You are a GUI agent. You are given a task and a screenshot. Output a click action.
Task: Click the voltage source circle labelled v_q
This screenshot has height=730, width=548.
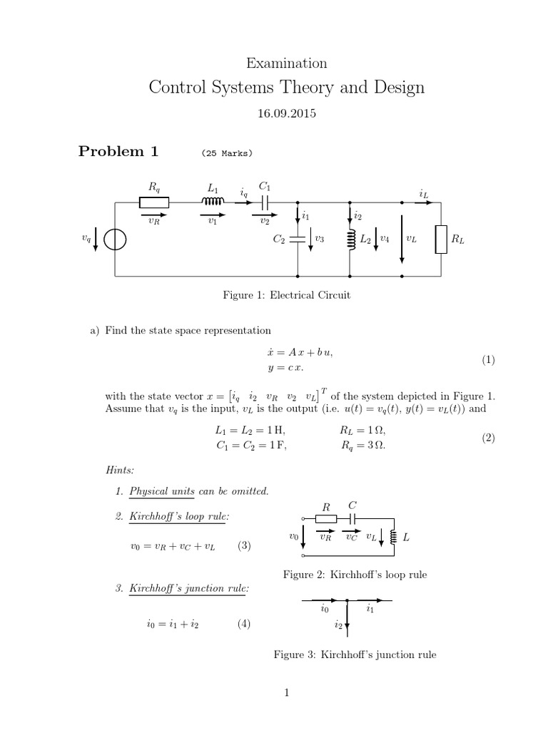tap(115, 240)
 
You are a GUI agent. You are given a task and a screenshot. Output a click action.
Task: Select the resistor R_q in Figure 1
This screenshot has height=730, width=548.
tap(154, 202)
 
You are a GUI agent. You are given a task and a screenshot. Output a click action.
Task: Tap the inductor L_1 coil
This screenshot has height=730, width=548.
tap(213, 202)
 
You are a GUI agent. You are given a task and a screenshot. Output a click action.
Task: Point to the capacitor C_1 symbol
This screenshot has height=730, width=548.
tap(265, 202)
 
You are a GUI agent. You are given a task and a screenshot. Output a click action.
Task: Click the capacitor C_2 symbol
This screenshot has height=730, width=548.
tap(298, 240)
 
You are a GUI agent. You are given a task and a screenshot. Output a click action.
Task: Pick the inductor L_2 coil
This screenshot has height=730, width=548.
tap(350, 240)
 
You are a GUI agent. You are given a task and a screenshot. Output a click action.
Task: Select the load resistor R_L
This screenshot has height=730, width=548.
tap(442, 240)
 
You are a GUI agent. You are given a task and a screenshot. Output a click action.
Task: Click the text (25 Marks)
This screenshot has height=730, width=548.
tap(228, 153)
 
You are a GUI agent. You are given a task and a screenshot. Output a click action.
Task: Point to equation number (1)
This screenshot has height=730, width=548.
tap(488, 360)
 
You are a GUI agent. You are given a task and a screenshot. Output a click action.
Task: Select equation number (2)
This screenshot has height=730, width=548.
tap(488, 438)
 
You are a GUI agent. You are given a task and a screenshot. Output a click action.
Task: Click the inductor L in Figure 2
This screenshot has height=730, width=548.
tap(392, 536)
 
